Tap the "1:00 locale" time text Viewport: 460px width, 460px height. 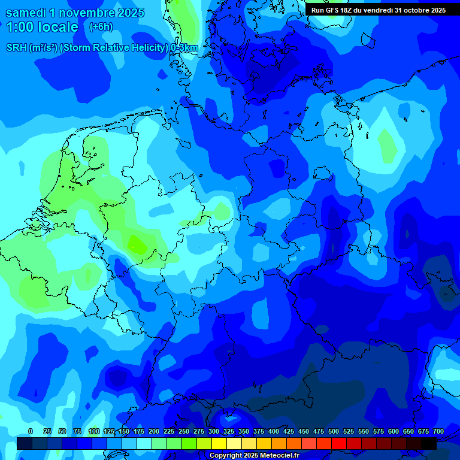point(43,27)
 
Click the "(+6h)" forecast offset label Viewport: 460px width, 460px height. point(101,27)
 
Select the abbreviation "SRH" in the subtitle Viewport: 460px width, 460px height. point(16,48)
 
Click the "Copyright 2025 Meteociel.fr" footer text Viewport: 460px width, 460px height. point(254,456)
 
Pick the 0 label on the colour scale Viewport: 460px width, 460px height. point(31,432)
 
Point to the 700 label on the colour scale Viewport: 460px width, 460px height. point(438,432)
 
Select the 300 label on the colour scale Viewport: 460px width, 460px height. point(214,432)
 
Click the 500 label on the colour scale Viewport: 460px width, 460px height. point(334,432)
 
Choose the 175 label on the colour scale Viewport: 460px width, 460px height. point(139,432)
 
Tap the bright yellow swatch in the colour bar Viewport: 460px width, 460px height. point(219,443)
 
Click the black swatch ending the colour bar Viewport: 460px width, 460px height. point(429,443)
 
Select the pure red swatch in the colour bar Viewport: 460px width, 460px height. point(339,443)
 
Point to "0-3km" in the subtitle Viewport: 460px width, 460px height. point(184,48)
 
